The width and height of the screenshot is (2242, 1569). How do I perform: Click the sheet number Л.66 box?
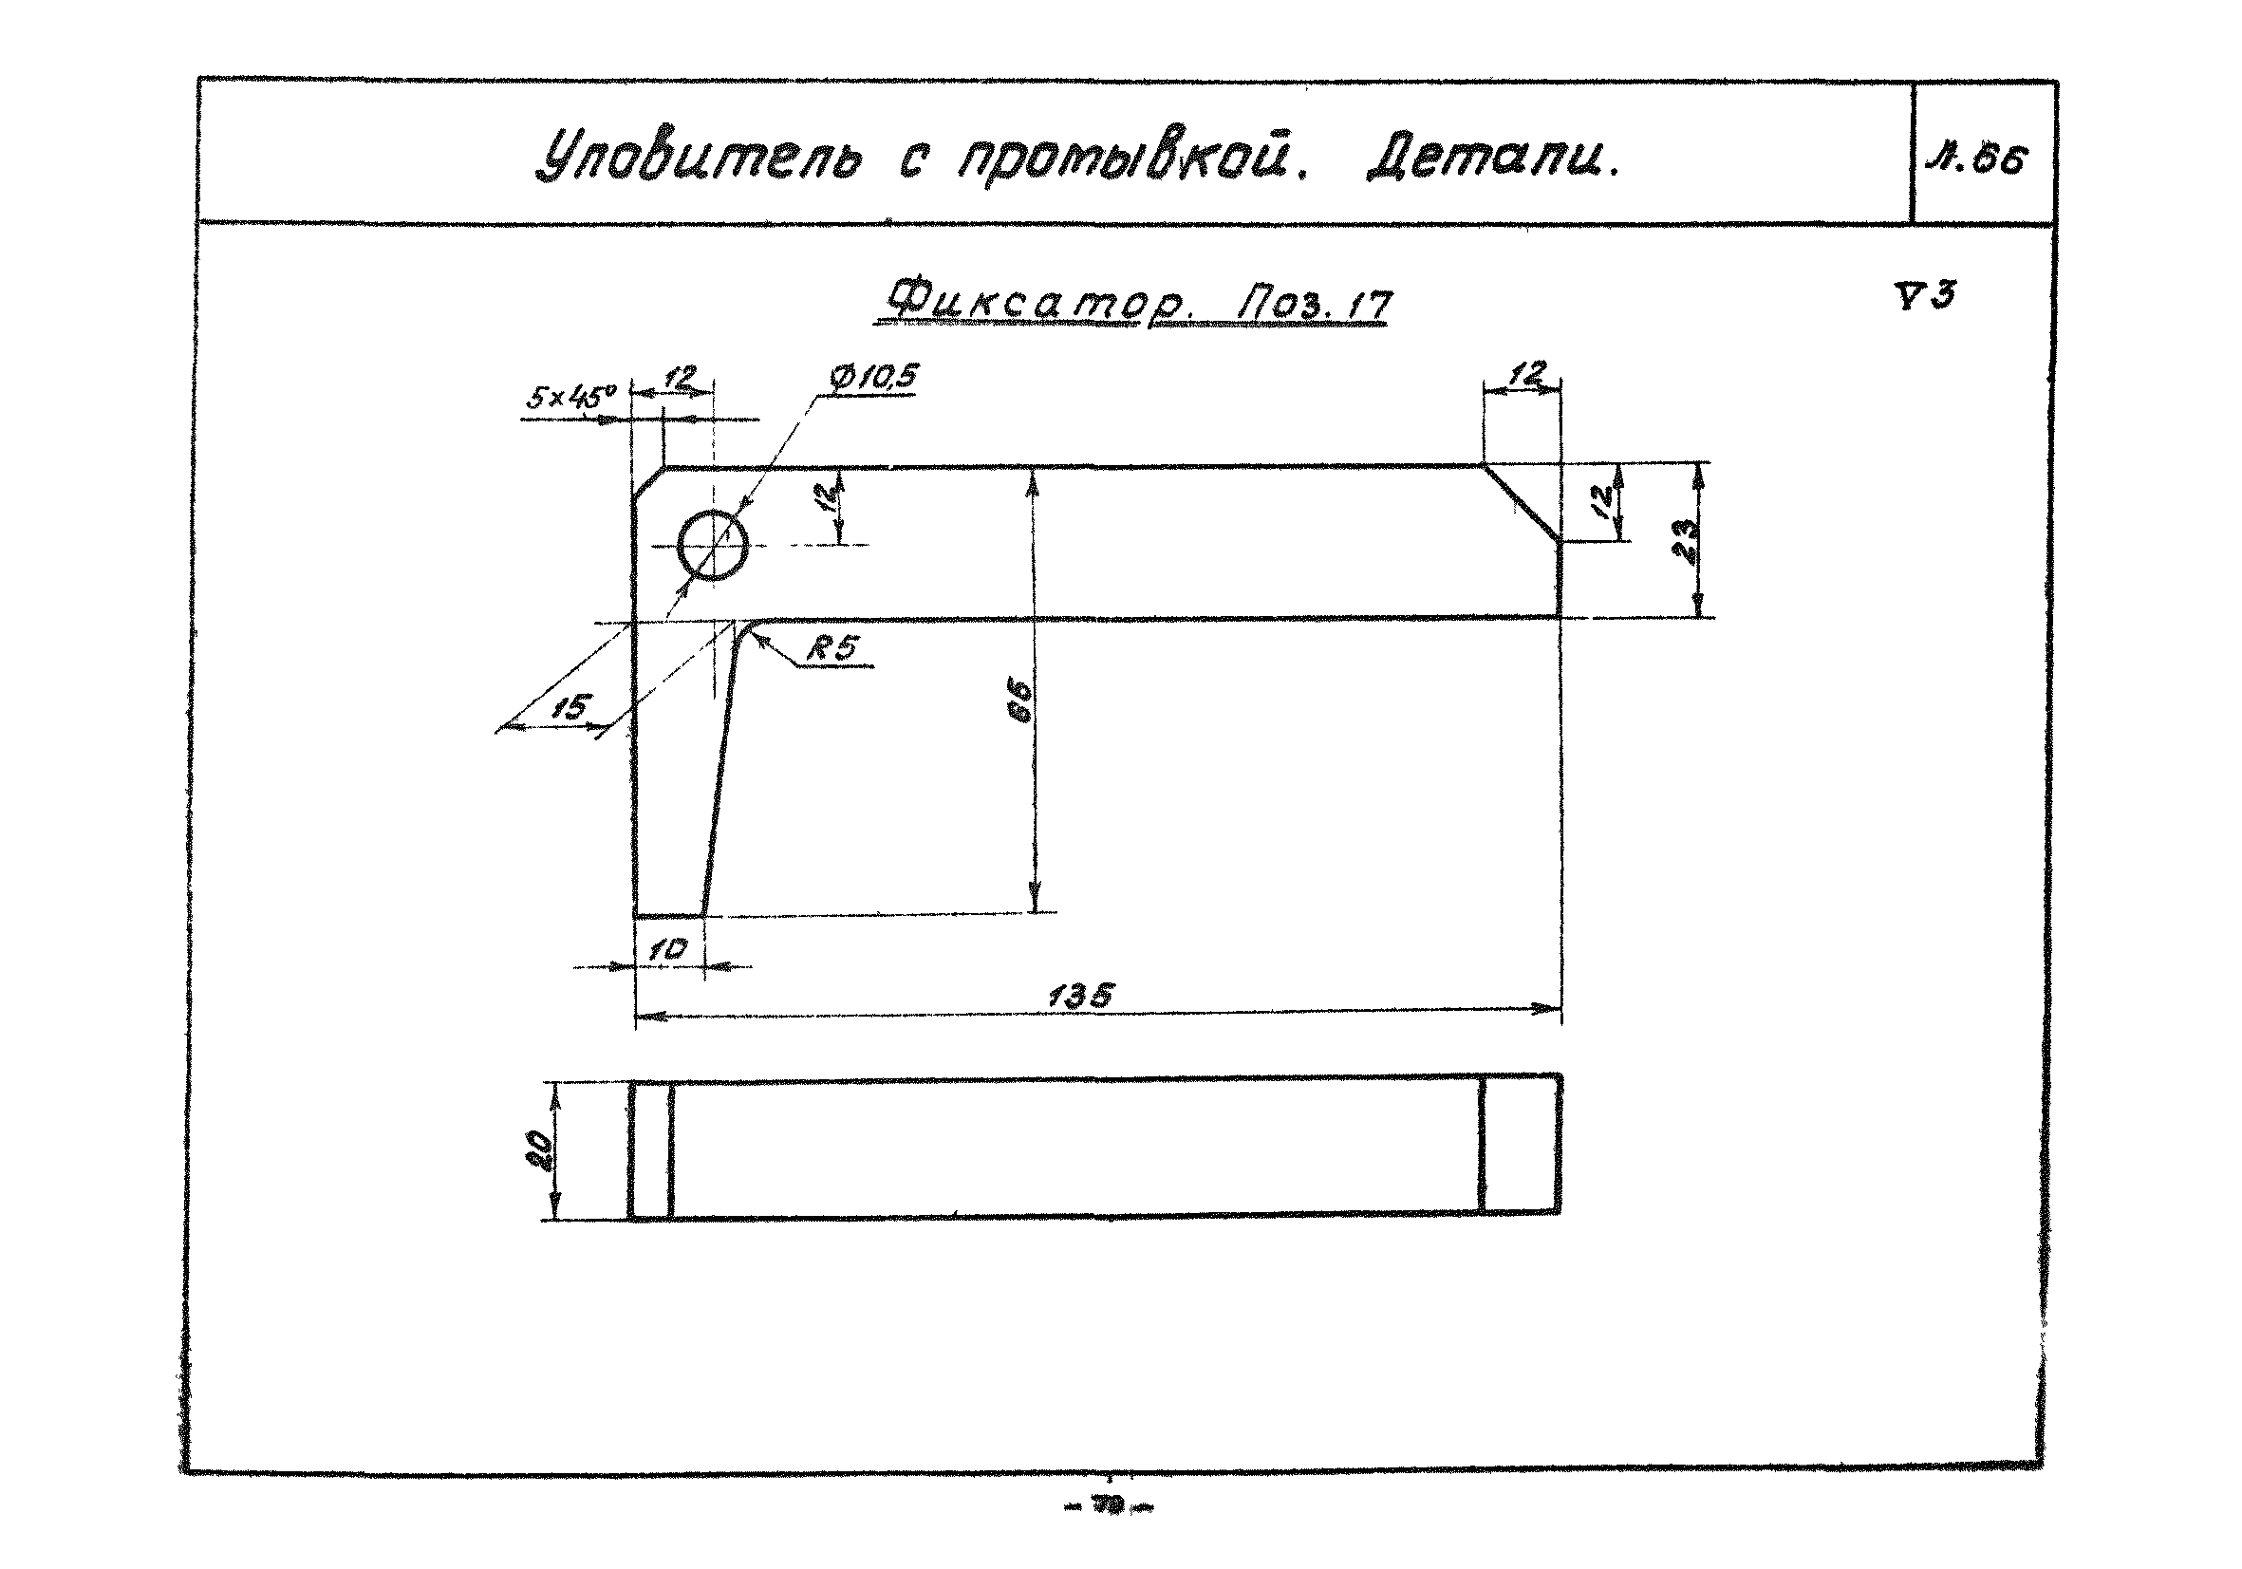[1983, 158]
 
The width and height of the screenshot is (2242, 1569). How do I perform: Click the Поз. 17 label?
[1315, 305]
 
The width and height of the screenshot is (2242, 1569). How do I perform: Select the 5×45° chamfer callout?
[572, 397]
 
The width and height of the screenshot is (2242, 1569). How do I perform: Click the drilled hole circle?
[713, 545]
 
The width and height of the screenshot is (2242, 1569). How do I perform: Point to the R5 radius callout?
[829, 648]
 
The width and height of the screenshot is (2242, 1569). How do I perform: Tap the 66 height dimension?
[1018, 700]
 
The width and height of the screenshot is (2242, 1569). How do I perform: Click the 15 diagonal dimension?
[571, 706]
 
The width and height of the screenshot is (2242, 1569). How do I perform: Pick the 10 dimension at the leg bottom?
[668, 949]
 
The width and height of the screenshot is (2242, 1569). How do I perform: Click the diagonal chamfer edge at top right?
[1521, 503]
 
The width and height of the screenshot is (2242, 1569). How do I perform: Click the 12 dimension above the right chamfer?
[1526, 373]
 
